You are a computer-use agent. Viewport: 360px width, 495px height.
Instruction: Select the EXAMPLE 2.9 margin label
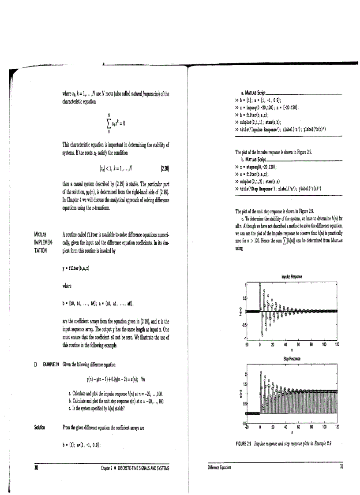(x=52, y=364)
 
